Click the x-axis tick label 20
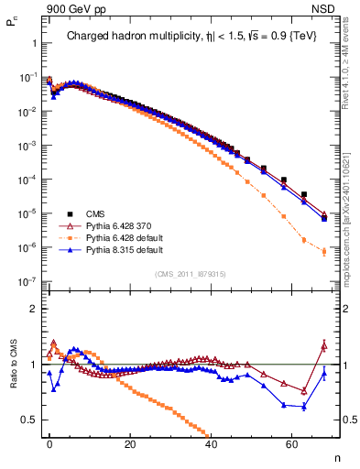pos(130,444)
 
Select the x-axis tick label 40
pos(211,444)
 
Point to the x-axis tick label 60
pos(291,444)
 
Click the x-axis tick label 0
pos(49,444)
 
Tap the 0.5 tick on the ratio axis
pos(28,420)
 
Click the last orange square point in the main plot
pos(323,252)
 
